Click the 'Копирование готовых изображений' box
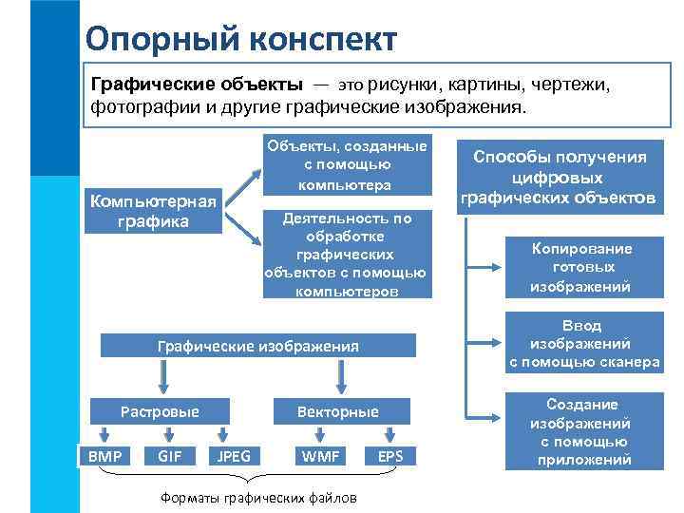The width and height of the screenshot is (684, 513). click(580, 267)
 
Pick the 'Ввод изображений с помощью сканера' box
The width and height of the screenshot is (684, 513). click(583, 343)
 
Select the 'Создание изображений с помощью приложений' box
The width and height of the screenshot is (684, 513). click(583, 431)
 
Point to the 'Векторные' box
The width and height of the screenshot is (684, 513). click(338, 411)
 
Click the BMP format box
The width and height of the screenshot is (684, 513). click(104, 456)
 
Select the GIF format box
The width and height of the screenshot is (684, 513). click(170, 456)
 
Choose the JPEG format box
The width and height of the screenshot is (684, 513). click(234, 456)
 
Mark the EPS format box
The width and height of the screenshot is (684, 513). click(390, 456)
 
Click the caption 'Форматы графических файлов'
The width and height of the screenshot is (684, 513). click(257, 498)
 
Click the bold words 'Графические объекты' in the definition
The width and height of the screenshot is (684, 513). click(197, 84)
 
